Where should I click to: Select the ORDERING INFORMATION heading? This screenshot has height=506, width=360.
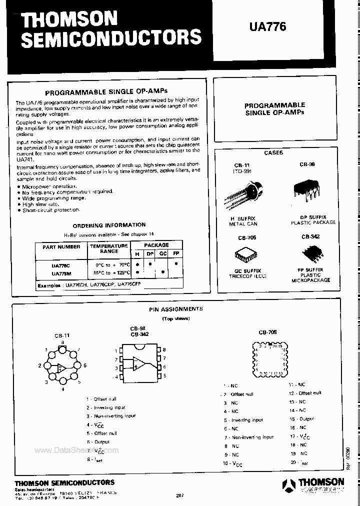click(109, 225)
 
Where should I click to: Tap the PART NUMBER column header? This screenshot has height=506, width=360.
click(61, 246)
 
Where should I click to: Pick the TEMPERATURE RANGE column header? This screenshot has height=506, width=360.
click(108, 248)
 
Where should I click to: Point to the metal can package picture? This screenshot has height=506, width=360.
click(248, 194)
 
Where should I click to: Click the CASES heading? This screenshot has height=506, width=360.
click(273, 152)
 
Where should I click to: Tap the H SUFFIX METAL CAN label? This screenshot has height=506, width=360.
click(243, 221)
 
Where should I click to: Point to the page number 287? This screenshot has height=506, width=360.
click(180, 495)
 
